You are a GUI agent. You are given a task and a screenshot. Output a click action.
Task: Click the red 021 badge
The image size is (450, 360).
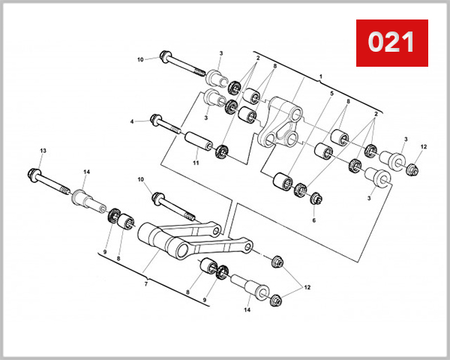point(391,41)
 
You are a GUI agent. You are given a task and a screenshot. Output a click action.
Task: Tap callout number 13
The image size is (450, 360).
point(43,151)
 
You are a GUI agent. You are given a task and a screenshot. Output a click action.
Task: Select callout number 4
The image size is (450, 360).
point(132,121)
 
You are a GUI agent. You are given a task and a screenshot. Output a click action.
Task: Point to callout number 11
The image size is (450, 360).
point(196,163)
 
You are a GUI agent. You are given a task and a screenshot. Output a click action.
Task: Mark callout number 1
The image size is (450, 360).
point(320,76)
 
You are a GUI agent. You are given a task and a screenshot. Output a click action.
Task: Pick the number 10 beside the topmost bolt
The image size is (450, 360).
point(139,59)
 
